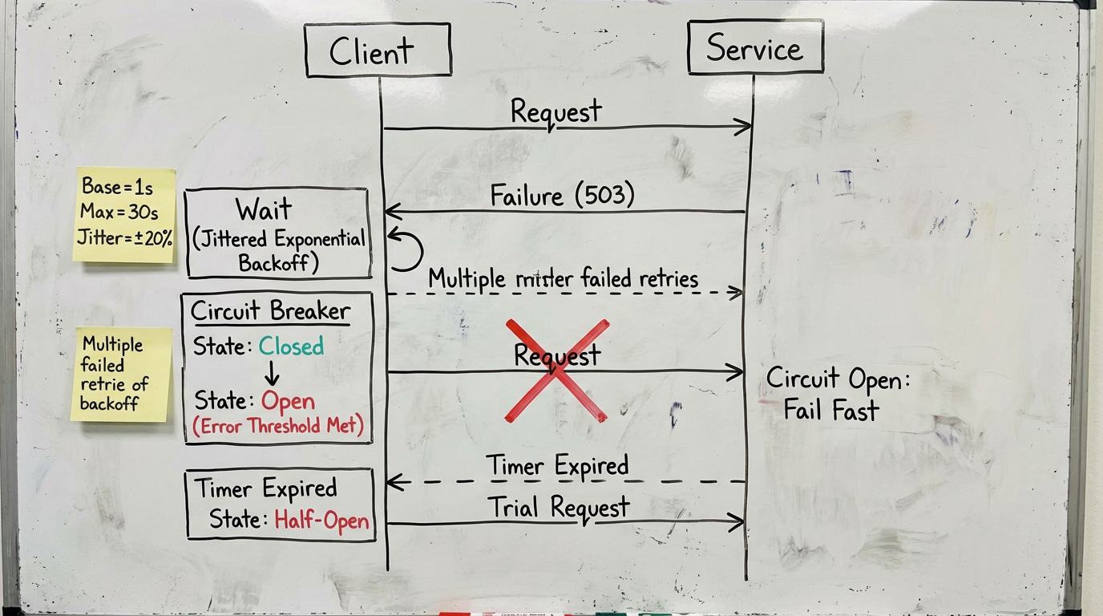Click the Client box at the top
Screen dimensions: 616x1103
tap(378, 51)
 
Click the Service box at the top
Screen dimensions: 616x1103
tap(755, 48)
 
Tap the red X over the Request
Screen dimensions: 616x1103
tap(556, 371)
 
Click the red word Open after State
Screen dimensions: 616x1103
tap(288, 401)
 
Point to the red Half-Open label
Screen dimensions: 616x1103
tap(321, 520)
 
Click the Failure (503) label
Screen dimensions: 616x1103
tap(562, 195)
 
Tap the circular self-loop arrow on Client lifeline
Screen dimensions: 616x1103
tap(407, 249)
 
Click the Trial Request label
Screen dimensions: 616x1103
tap(558, 507)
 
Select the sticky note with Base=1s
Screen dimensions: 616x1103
tap(124, 214)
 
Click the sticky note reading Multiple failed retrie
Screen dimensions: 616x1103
tap(122, 375)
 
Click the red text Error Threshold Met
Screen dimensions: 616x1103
tap(278, 427)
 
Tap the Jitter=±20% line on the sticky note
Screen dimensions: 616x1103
tap(124, 237)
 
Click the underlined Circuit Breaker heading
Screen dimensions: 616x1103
tap(270, 311)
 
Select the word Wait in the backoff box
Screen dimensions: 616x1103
tap(264, 210)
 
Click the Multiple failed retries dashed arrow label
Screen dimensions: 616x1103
tap(563, 279)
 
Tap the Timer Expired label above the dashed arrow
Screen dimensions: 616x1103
tap(557, 465)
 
